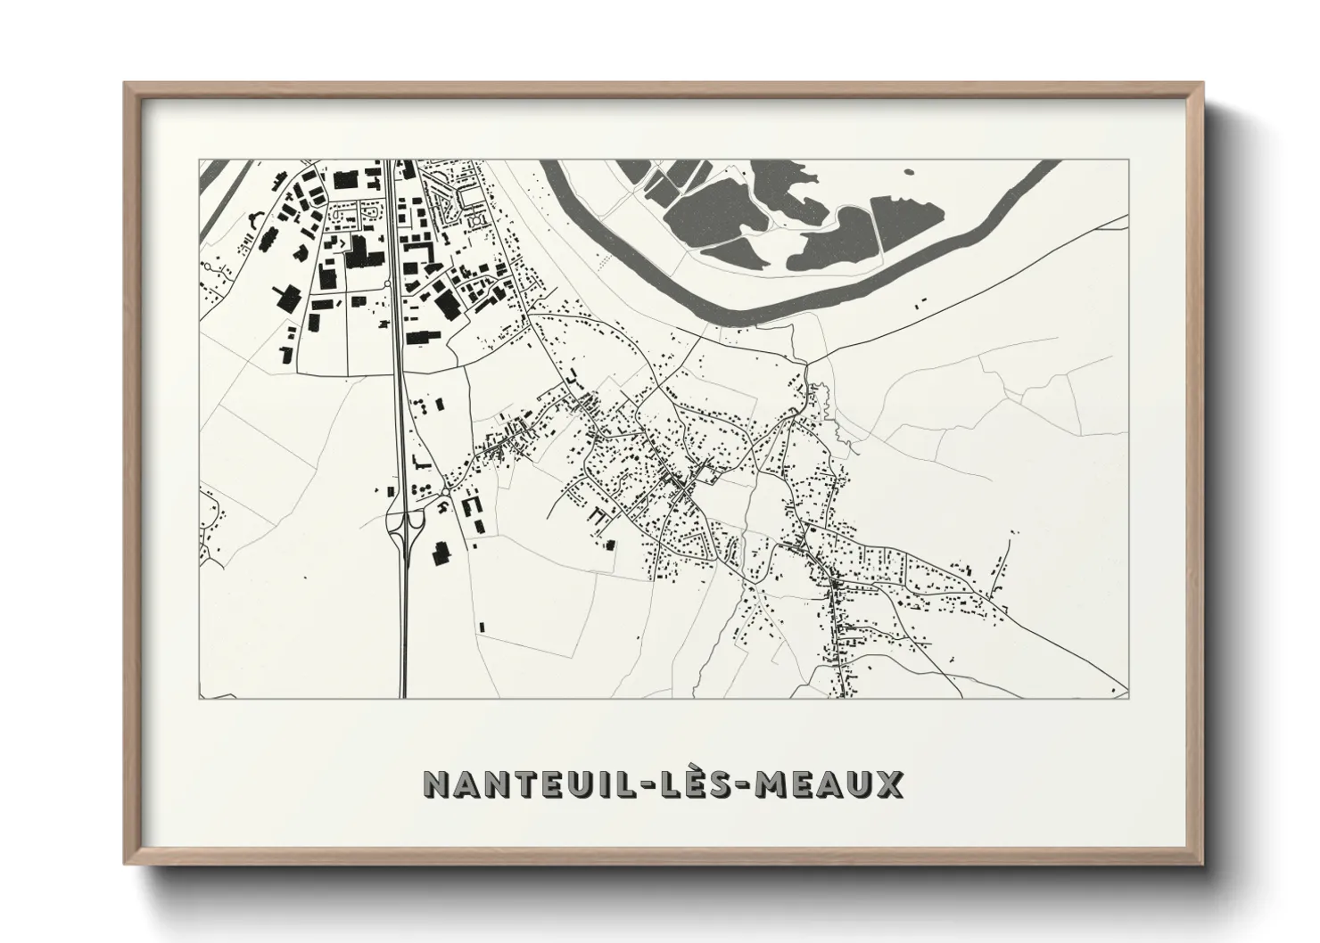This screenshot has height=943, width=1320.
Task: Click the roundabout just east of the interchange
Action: (x=443, y=492)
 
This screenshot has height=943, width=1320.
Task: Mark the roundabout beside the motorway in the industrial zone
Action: (x=389, y=283)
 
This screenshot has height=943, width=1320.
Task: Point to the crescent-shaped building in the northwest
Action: (x=252, y=217)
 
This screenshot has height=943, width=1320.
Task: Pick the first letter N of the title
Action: (x=436, y=784)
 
